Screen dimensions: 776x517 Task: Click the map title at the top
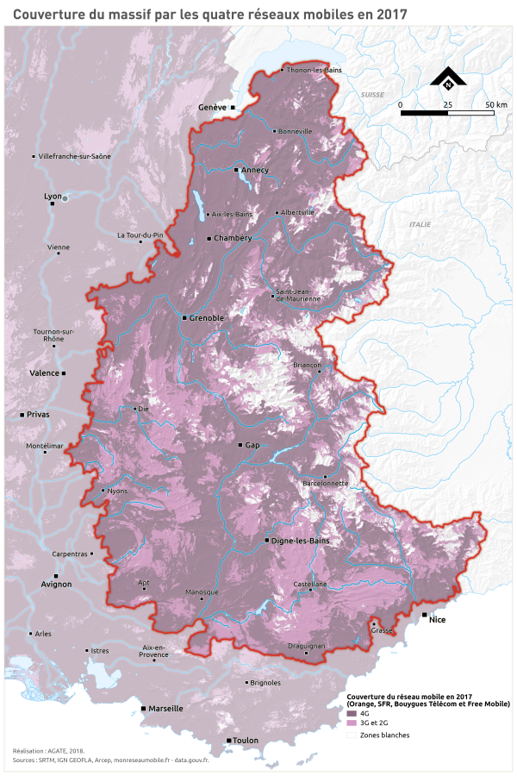click(x=210, y=14)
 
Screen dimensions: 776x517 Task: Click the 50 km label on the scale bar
click(x=495, y=104)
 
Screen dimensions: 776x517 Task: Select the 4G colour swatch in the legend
click(x=352, y=714)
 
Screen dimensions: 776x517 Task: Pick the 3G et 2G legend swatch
click(x=352, y=723)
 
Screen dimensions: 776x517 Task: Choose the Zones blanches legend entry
click(x=384, y=735)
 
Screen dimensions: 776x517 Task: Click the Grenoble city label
click(x=207, y=318)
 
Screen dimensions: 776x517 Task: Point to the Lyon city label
click(x=53, y=197)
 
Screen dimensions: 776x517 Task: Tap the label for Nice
click(x=439, y=618)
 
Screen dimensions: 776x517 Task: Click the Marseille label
click(x=165, y=709)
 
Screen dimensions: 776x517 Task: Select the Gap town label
click(x=252, y=445)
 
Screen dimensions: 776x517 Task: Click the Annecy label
click(x=255, y=171)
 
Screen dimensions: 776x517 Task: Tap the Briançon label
click(x=307, y=366)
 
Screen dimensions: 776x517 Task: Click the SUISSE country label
click(x=372, y=92)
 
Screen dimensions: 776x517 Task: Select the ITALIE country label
click(x=420, y=224)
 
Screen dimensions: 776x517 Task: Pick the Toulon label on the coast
click(x=246, y=741)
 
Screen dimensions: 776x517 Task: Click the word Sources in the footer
click(x=25, y=760)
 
